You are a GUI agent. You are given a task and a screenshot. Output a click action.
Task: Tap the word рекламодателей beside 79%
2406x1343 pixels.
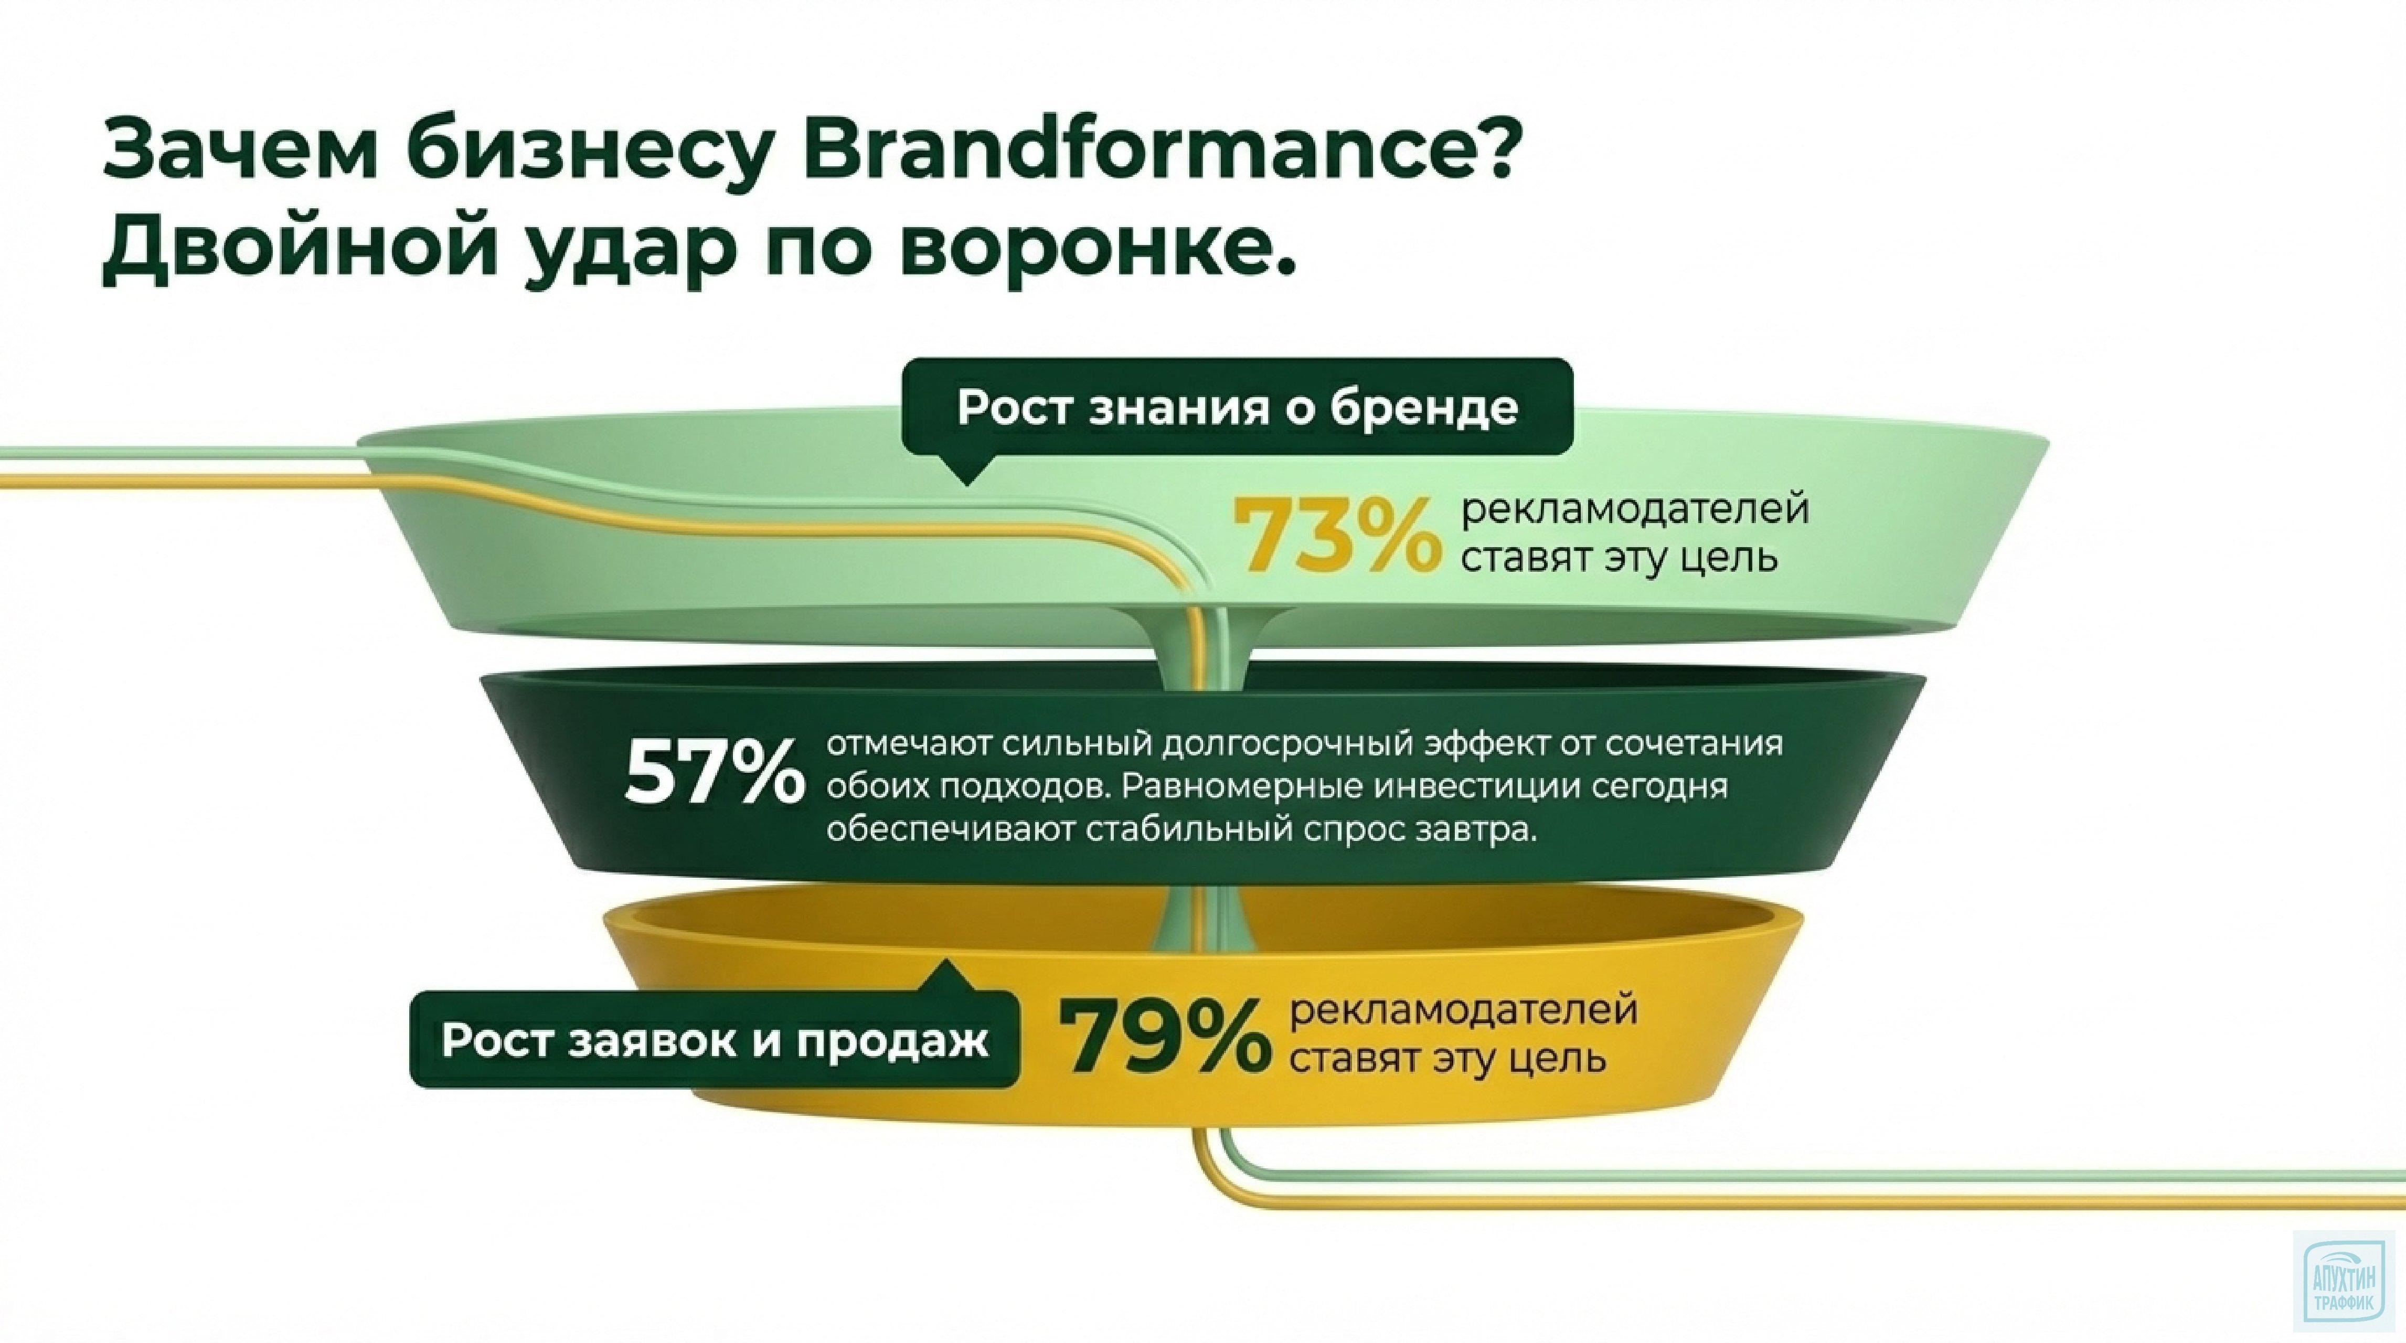tap(1464, 1011)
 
